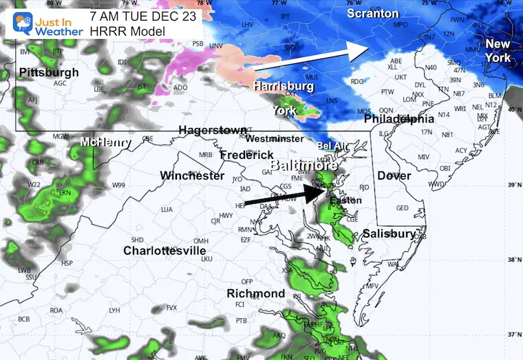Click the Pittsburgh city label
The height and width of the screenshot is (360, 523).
point(49,72)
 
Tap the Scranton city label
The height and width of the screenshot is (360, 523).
point(372,13)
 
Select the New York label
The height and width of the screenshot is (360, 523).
point(498,50)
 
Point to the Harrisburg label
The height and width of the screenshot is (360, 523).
point(284,87)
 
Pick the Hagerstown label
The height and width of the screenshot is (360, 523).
point(213,130)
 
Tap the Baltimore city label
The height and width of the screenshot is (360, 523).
point(303,166)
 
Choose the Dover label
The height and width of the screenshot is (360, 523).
point(394,176)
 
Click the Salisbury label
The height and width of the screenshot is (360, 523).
point(389,234)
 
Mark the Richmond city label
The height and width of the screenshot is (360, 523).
point(256,294)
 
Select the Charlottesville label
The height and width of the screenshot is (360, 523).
point(164,251)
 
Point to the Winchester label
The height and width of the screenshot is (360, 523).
point(192,176)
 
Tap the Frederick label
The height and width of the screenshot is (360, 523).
point(246,156)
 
